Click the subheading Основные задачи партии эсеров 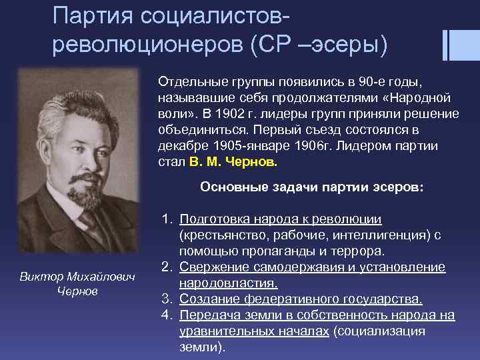coord(311,187)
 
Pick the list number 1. coord(166,219)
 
